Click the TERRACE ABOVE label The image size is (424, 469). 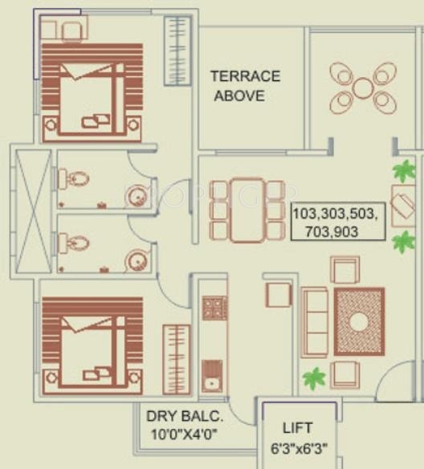(245, 86)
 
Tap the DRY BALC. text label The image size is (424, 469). (184, 417)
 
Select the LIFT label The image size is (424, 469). (297, 428)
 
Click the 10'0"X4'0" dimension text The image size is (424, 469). (183, 435)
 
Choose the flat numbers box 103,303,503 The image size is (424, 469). (338, 222)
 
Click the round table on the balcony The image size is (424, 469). (363, 88)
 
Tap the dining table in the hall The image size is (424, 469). (247, 210)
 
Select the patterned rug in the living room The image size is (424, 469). (359, 321)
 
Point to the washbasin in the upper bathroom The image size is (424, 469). (137, 194)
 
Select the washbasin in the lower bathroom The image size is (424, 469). (137, 259)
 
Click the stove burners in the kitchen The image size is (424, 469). (214, 307)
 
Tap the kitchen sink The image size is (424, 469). (213, 374)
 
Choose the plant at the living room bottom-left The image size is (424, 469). (315, 378)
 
